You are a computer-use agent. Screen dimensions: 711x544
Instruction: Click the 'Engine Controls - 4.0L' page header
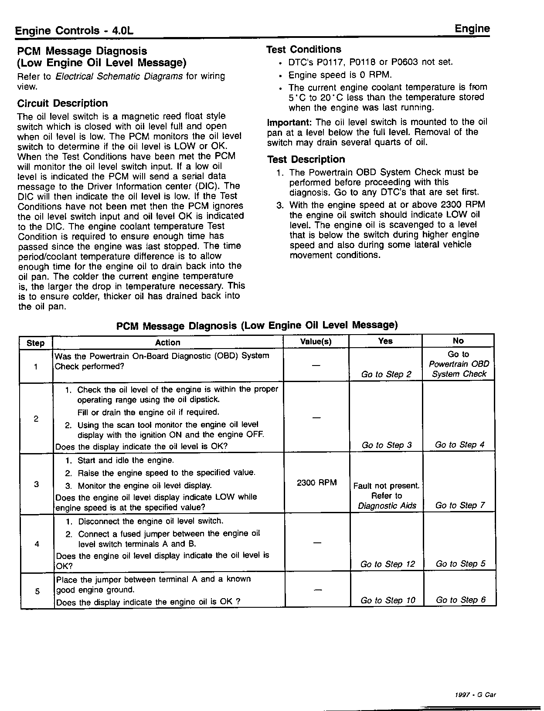74,31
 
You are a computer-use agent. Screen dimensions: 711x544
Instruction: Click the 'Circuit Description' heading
62,103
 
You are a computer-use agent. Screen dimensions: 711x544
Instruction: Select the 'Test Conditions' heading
303,49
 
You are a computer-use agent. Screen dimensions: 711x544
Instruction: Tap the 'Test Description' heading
306,159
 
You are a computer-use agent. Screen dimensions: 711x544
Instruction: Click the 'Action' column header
167,342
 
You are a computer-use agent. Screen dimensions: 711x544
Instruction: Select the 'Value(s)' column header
316,342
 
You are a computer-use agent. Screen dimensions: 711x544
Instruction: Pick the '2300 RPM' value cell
316,483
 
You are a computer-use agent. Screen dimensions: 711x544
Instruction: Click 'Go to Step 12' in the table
388,564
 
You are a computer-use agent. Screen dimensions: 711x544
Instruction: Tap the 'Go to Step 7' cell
460,505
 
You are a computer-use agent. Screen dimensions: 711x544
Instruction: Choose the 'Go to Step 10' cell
388,600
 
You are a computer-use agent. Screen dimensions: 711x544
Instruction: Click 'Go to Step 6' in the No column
461,600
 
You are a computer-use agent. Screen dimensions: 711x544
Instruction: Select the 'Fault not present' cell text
386,486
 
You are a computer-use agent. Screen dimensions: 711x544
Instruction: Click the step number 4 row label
37,544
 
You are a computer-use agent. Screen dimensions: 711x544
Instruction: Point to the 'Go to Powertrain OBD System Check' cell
459,364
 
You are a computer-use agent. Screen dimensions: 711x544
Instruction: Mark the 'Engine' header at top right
472,29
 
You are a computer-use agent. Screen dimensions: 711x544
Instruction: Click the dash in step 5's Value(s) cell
317,590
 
